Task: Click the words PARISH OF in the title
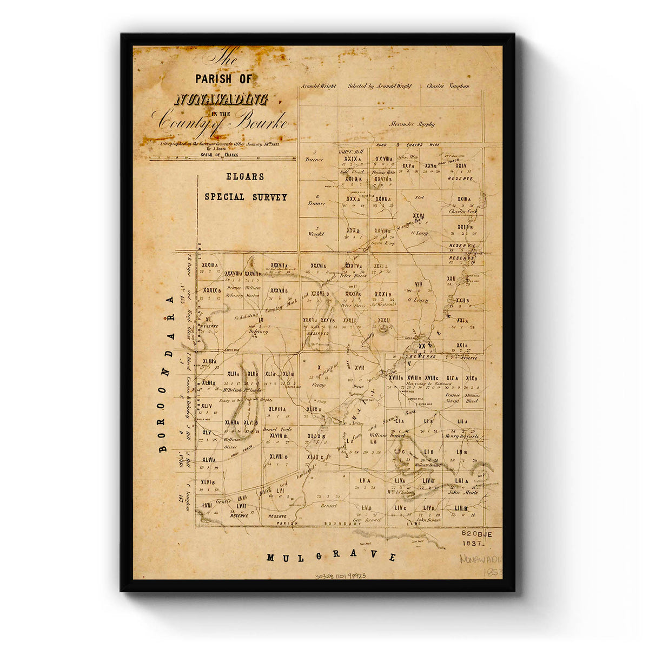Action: tap(223, 79)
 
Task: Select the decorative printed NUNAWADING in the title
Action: tap(222, 99)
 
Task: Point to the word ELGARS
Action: tap(246, 176)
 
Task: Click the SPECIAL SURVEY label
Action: tap(246, 197)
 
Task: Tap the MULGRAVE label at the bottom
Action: tap(332, 557)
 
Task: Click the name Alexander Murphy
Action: tap(412, 124)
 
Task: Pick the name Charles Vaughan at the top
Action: tap(448, 86)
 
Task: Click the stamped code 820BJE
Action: tap(477, 533)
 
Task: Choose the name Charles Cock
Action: tap(462, 211)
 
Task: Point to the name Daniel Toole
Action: tap(277, 429)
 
